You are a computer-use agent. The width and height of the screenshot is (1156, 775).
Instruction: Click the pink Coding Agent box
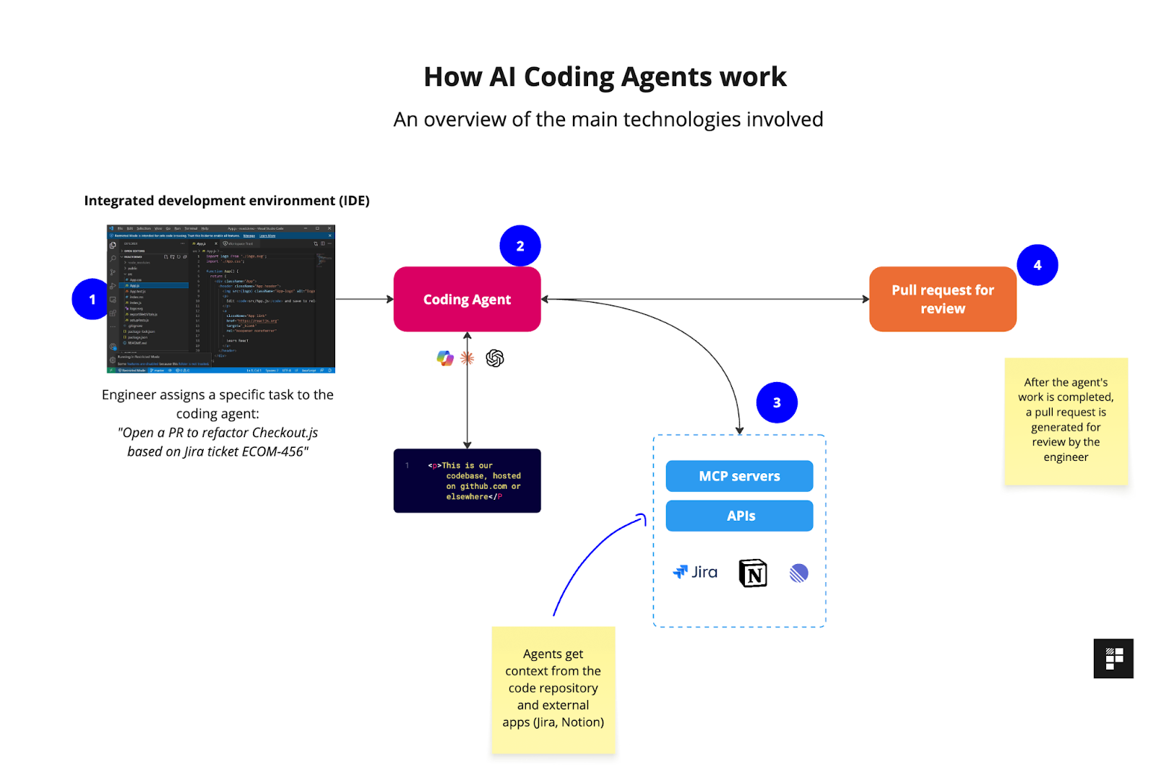(x=467, y=299)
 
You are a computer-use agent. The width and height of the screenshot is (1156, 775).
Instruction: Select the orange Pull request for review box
(x=942, y=299)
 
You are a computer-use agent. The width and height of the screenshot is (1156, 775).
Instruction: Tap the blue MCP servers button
(x=739, y=476)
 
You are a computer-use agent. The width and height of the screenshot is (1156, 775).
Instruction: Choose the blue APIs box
(x=739, y=516)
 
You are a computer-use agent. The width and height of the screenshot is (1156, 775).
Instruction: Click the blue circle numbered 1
(x=92, y=299)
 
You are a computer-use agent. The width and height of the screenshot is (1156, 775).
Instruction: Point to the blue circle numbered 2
(x=520, y=246)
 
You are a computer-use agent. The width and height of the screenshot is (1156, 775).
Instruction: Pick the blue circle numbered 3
(x=777, y=402)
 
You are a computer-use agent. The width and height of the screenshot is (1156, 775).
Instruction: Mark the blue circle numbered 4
(x=1037, y=265)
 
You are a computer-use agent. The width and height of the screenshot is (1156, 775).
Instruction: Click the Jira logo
(x=695, y=572)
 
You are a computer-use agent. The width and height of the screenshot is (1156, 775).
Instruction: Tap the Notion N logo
(x=753, y=573)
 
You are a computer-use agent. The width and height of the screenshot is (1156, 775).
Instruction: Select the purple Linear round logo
(x=798, y=573)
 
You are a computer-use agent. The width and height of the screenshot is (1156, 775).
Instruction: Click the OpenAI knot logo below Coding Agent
(x=495, y=358)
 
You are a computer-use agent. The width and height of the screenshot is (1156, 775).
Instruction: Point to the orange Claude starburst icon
(x=467, y=358)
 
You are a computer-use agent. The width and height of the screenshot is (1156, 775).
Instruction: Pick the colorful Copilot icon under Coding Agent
(x=445, y=358)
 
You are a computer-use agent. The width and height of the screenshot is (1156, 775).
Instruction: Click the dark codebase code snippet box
(x=467, y=480)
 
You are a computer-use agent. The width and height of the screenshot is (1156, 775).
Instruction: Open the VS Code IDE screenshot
(x=221, y=299)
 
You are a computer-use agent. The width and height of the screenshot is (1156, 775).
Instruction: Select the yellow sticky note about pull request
(x=1066, y=420)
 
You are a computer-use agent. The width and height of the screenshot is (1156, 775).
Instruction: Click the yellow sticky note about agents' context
(x=553, y=690)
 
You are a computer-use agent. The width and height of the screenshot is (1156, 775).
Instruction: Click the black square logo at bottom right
(x=1113, y=658)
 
